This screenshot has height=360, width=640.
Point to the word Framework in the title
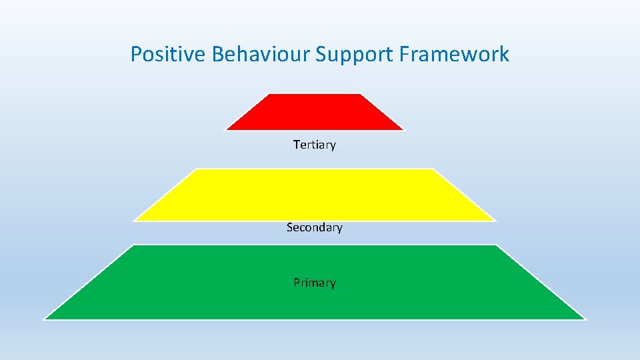click(x=454, y=54)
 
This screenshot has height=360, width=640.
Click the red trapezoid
click(x=314, y=112)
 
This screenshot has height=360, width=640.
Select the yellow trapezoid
click(x=314, y=195)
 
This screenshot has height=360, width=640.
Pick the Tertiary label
click(x=315, y=145)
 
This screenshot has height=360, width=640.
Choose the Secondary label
click(x=315, y=227)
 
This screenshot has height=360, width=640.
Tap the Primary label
click(x=315, y=283)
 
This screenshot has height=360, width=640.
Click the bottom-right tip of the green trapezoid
click(x=585, y=319)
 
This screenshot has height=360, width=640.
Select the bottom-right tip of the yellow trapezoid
click(x=495, y=220)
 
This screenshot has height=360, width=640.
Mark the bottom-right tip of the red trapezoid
click(x=403, y=129)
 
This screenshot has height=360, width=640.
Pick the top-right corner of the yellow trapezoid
click(x=434, y=169)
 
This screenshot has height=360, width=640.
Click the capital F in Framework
click(x=404, y=54)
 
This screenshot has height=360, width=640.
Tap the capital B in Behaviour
click(x=217, y=54)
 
